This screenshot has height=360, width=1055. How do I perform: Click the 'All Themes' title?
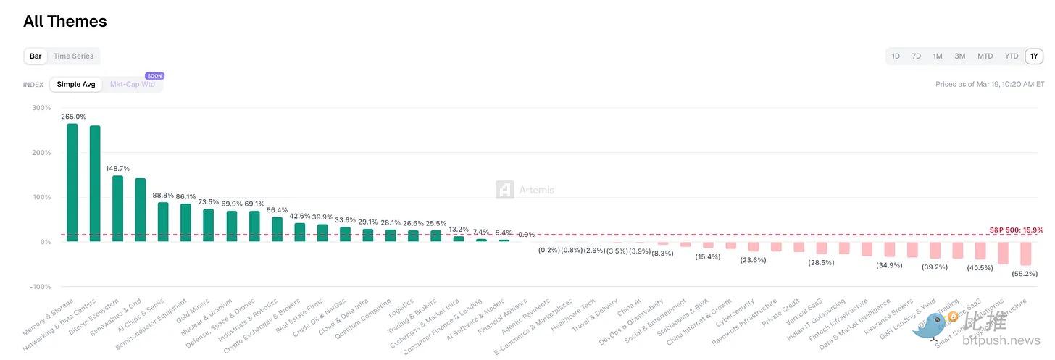tap(65, 22)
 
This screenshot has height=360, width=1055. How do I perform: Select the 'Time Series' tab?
tap(73, 56)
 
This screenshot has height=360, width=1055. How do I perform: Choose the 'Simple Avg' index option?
tap(76, 85)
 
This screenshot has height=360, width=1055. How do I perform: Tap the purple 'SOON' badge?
tap(154, 75)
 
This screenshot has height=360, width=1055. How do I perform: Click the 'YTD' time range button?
tap(1011, 56)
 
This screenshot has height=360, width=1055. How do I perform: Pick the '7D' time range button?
tap(916, 56)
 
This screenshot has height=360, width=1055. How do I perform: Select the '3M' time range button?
tap(959, 56)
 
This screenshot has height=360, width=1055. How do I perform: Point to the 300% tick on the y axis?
tap(41, 108)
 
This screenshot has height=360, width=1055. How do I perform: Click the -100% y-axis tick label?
tap(39, 287)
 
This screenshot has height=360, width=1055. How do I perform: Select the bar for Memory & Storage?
tap(72, 183)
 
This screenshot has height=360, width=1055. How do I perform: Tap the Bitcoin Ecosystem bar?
tap(117, 209)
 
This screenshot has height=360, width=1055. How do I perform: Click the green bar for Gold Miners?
tap(209, 225)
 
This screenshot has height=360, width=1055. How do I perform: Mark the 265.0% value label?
tap(74, 117)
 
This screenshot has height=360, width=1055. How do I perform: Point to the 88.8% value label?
tap(163, 195)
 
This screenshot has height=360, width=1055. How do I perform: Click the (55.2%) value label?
tap(1025, 274)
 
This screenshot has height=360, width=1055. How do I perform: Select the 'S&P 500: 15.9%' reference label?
tap(1016, 230)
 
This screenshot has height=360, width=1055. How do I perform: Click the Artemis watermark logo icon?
tap(505, 190)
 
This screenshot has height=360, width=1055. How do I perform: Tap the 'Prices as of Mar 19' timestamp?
tap(990, 85)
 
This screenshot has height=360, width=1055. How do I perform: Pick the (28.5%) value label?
tap(821, 262)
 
